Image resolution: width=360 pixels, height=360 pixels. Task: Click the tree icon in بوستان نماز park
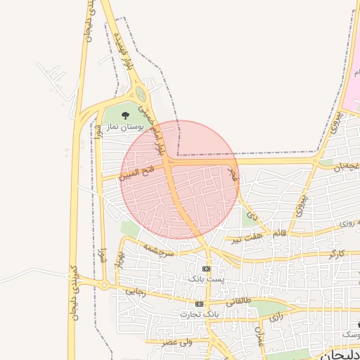coord(125,114)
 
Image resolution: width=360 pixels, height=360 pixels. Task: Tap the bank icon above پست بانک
coord(206,269)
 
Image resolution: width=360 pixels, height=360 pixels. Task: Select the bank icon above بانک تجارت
coord(200,304)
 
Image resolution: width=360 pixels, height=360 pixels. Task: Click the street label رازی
coord(276,316)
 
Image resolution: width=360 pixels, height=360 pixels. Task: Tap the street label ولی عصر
coord(176,342)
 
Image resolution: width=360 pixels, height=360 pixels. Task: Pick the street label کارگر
coord(336,252)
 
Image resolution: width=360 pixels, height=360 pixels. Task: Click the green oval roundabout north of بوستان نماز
coord(141,94)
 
